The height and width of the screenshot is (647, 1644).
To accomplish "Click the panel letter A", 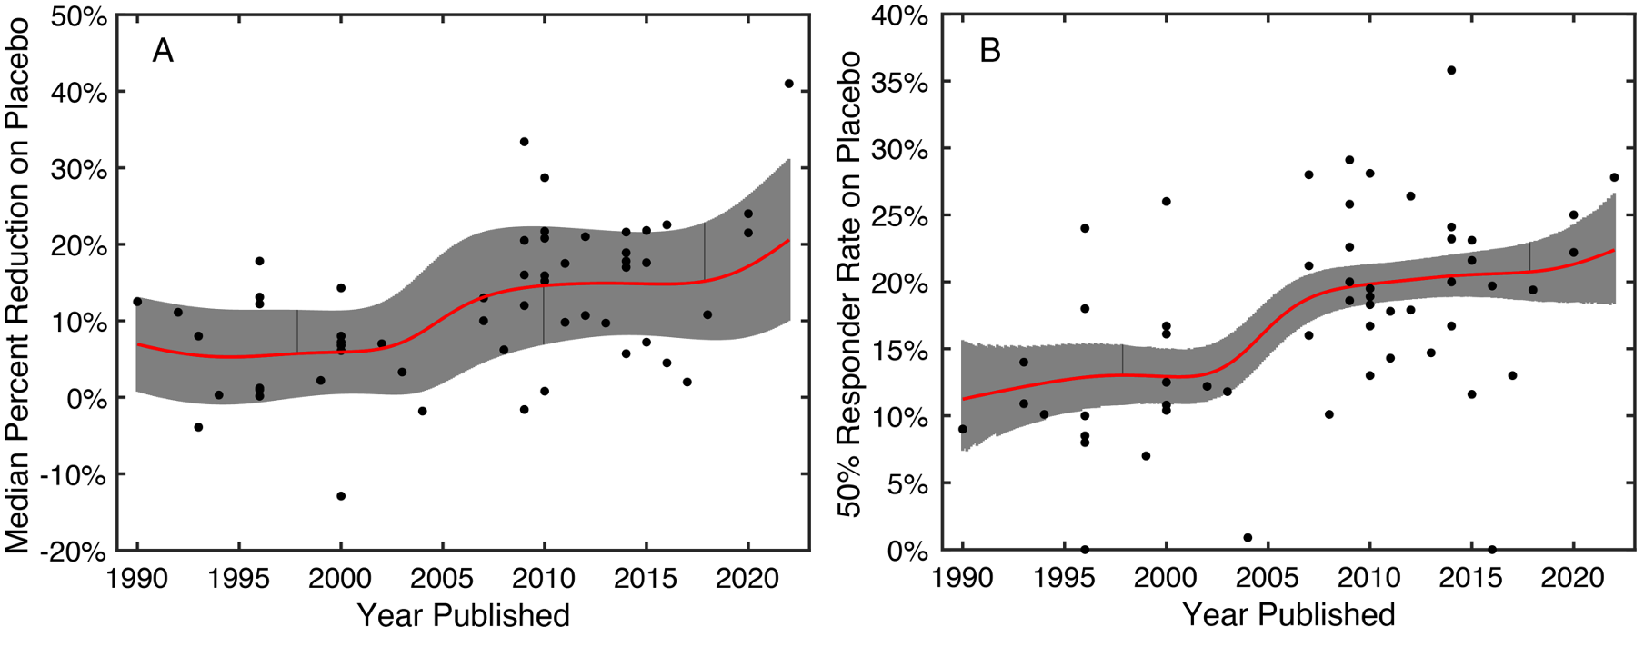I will [163, 51].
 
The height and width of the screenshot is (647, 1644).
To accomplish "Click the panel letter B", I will [990, 51].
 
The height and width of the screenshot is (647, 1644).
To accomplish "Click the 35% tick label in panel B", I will [899, 83].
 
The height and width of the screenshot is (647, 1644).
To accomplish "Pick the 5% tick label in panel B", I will [907, 484].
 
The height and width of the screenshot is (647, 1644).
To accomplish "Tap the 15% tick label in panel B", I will [899, 350].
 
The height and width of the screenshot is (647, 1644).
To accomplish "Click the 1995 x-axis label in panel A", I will [239, 578].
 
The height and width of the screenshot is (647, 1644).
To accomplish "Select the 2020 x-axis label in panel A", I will [747, 578].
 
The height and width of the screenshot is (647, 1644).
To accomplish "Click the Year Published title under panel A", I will [463, 615].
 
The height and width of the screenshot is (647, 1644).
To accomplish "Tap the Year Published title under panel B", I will [1288, 615].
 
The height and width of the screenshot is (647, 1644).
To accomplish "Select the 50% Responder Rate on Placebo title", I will [849, 284].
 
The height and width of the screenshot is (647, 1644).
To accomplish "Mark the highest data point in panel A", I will [788, 84].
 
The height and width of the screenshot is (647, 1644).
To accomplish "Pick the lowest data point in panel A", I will [341, 496].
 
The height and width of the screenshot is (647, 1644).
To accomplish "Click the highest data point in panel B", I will [1451, 70].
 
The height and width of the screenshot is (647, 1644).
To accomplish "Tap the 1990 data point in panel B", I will [963, 429].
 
